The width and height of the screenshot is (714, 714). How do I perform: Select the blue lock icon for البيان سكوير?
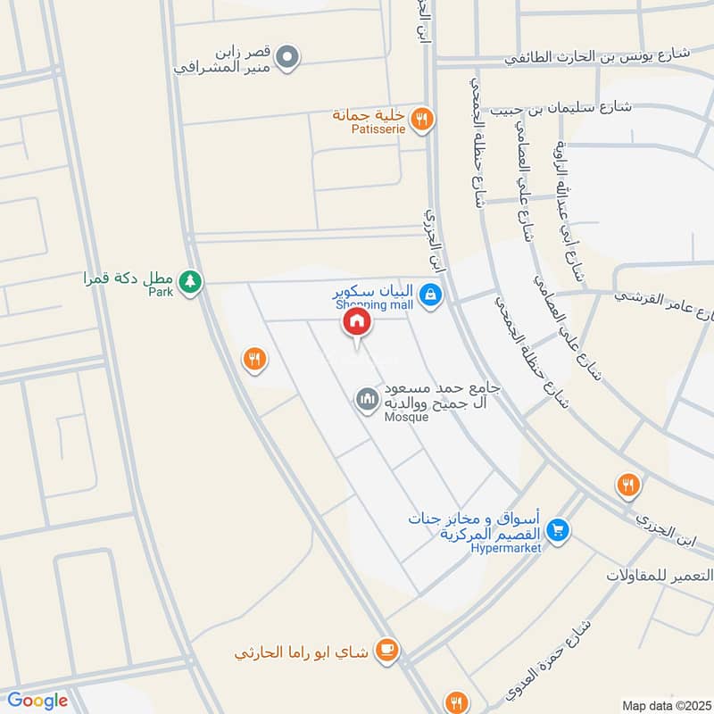pos(430,294)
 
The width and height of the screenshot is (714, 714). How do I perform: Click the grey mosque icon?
pos(367,399)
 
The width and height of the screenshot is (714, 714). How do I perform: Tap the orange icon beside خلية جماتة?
pos(423,118)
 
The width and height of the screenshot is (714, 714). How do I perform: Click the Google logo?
pos(37,701)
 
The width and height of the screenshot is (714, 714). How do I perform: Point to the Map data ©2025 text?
pos(664,705)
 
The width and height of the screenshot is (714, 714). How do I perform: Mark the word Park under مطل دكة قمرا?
pos(161,291)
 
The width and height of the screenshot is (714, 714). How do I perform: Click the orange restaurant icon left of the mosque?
pos(254,359)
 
